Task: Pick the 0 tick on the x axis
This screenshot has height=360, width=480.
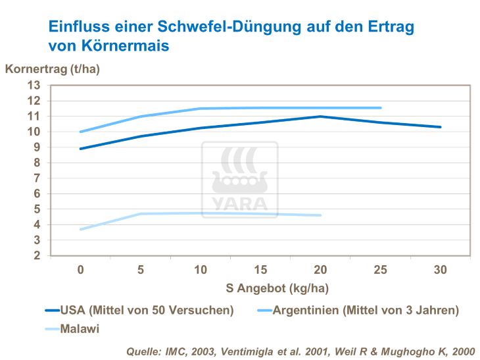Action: pos(80,270)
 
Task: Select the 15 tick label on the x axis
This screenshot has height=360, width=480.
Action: pos(260,270)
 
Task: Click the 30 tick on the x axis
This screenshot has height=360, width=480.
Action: pos(440,270)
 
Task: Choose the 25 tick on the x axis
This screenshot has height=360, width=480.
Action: pos(380,270)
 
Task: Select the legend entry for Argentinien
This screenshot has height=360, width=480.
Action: pos(364,309)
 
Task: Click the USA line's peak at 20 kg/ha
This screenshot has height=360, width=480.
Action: pos(320,116)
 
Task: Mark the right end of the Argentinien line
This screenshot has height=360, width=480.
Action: pos(380,108)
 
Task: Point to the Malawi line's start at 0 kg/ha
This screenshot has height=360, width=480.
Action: pos(81,229)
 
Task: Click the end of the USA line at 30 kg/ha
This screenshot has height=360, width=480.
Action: pos(440,127)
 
